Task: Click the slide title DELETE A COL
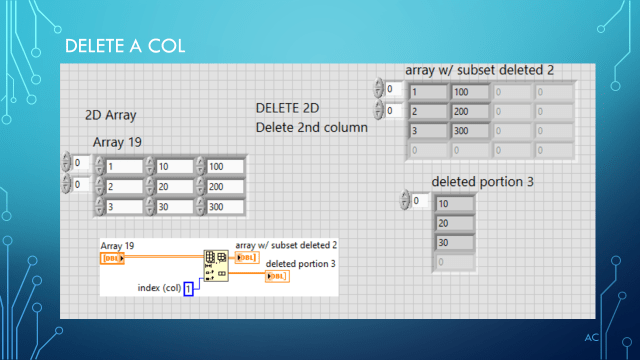point(124,47)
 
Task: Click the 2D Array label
point(110,115)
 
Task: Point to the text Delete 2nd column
point(311,127)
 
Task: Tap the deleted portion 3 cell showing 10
point(455,203)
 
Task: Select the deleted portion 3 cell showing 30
point(455,243)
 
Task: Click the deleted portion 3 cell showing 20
point(455,223)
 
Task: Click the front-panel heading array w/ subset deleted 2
point(479,70)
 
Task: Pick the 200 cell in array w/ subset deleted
point(469,112)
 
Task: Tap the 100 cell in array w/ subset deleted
point(469,92)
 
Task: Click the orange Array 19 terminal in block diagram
point(114,258)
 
